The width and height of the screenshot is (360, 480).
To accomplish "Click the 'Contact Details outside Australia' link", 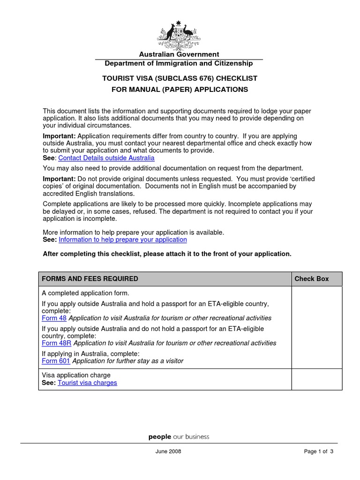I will [x=106, y=158].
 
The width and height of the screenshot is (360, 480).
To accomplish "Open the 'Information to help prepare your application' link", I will [x=122, y=240].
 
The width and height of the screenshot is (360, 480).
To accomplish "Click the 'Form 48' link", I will [x=54, y=318].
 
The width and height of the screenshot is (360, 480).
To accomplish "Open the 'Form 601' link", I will [x=56, y=361].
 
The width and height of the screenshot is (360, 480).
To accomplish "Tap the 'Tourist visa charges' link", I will [x=87, y=382].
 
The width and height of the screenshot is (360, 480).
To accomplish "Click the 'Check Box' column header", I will [x=311, y=279].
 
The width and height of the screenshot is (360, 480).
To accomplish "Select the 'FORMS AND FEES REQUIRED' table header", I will [x=90, y=279].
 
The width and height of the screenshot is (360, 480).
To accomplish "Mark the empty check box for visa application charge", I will [x=316, y=379].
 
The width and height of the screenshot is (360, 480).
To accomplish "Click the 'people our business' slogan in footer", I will [x=179, y=437].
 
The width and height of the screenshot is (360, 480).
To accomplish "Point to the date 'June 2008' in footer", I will [x=168, y=451].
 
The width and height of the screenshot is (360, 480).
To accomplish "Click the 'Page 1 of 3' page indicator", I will [x=318, y=451].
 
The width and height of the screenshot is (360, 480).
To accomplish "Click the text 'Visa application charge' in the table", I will [x=76, y=375].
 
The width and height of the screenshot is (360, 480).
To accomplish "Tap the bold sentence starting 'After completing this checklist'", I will [x=167, y=254].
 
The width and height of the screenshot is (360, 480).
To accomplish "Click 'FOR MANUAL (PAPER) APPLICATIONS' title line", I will [x=180, y=90].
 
